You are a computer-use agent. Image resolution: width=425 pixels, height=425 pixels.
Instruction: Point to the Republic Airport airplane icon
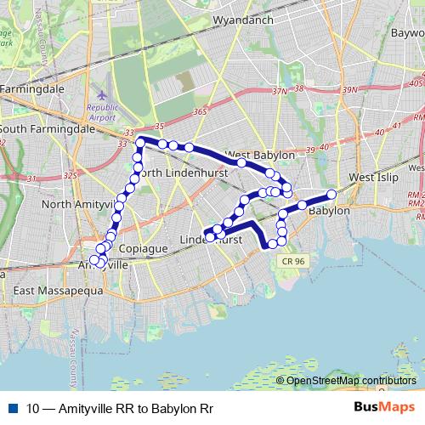[x=103, y=93]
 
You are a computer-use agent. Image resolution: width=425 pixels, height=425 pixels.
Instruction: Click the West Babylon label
[x=260, y=156]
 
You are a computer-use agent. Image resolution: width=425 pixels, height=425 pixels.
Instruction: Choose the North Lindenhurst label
[x=184, y=173]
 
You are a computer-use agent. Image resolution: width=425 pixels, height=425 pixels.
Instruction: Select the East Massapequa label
[x=59, y=291]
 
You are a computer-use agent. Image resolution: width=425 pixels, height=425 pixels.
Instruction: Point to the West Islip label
[x=373, y=177]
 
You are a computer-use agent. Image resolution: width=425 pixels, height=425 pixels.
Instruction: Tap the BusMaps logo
[x=385, y=408]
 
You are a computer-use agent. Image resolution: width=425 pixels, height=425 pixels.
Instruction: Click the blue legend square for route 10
[x=13, y=409]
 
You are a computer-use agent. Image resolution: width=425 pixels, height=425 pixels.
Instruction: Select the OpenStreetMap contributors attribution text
[x=351, y=381]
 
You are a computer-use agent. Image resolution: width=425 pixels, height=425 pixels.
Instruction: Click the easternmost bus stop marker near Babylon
[x=331, y=195]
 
